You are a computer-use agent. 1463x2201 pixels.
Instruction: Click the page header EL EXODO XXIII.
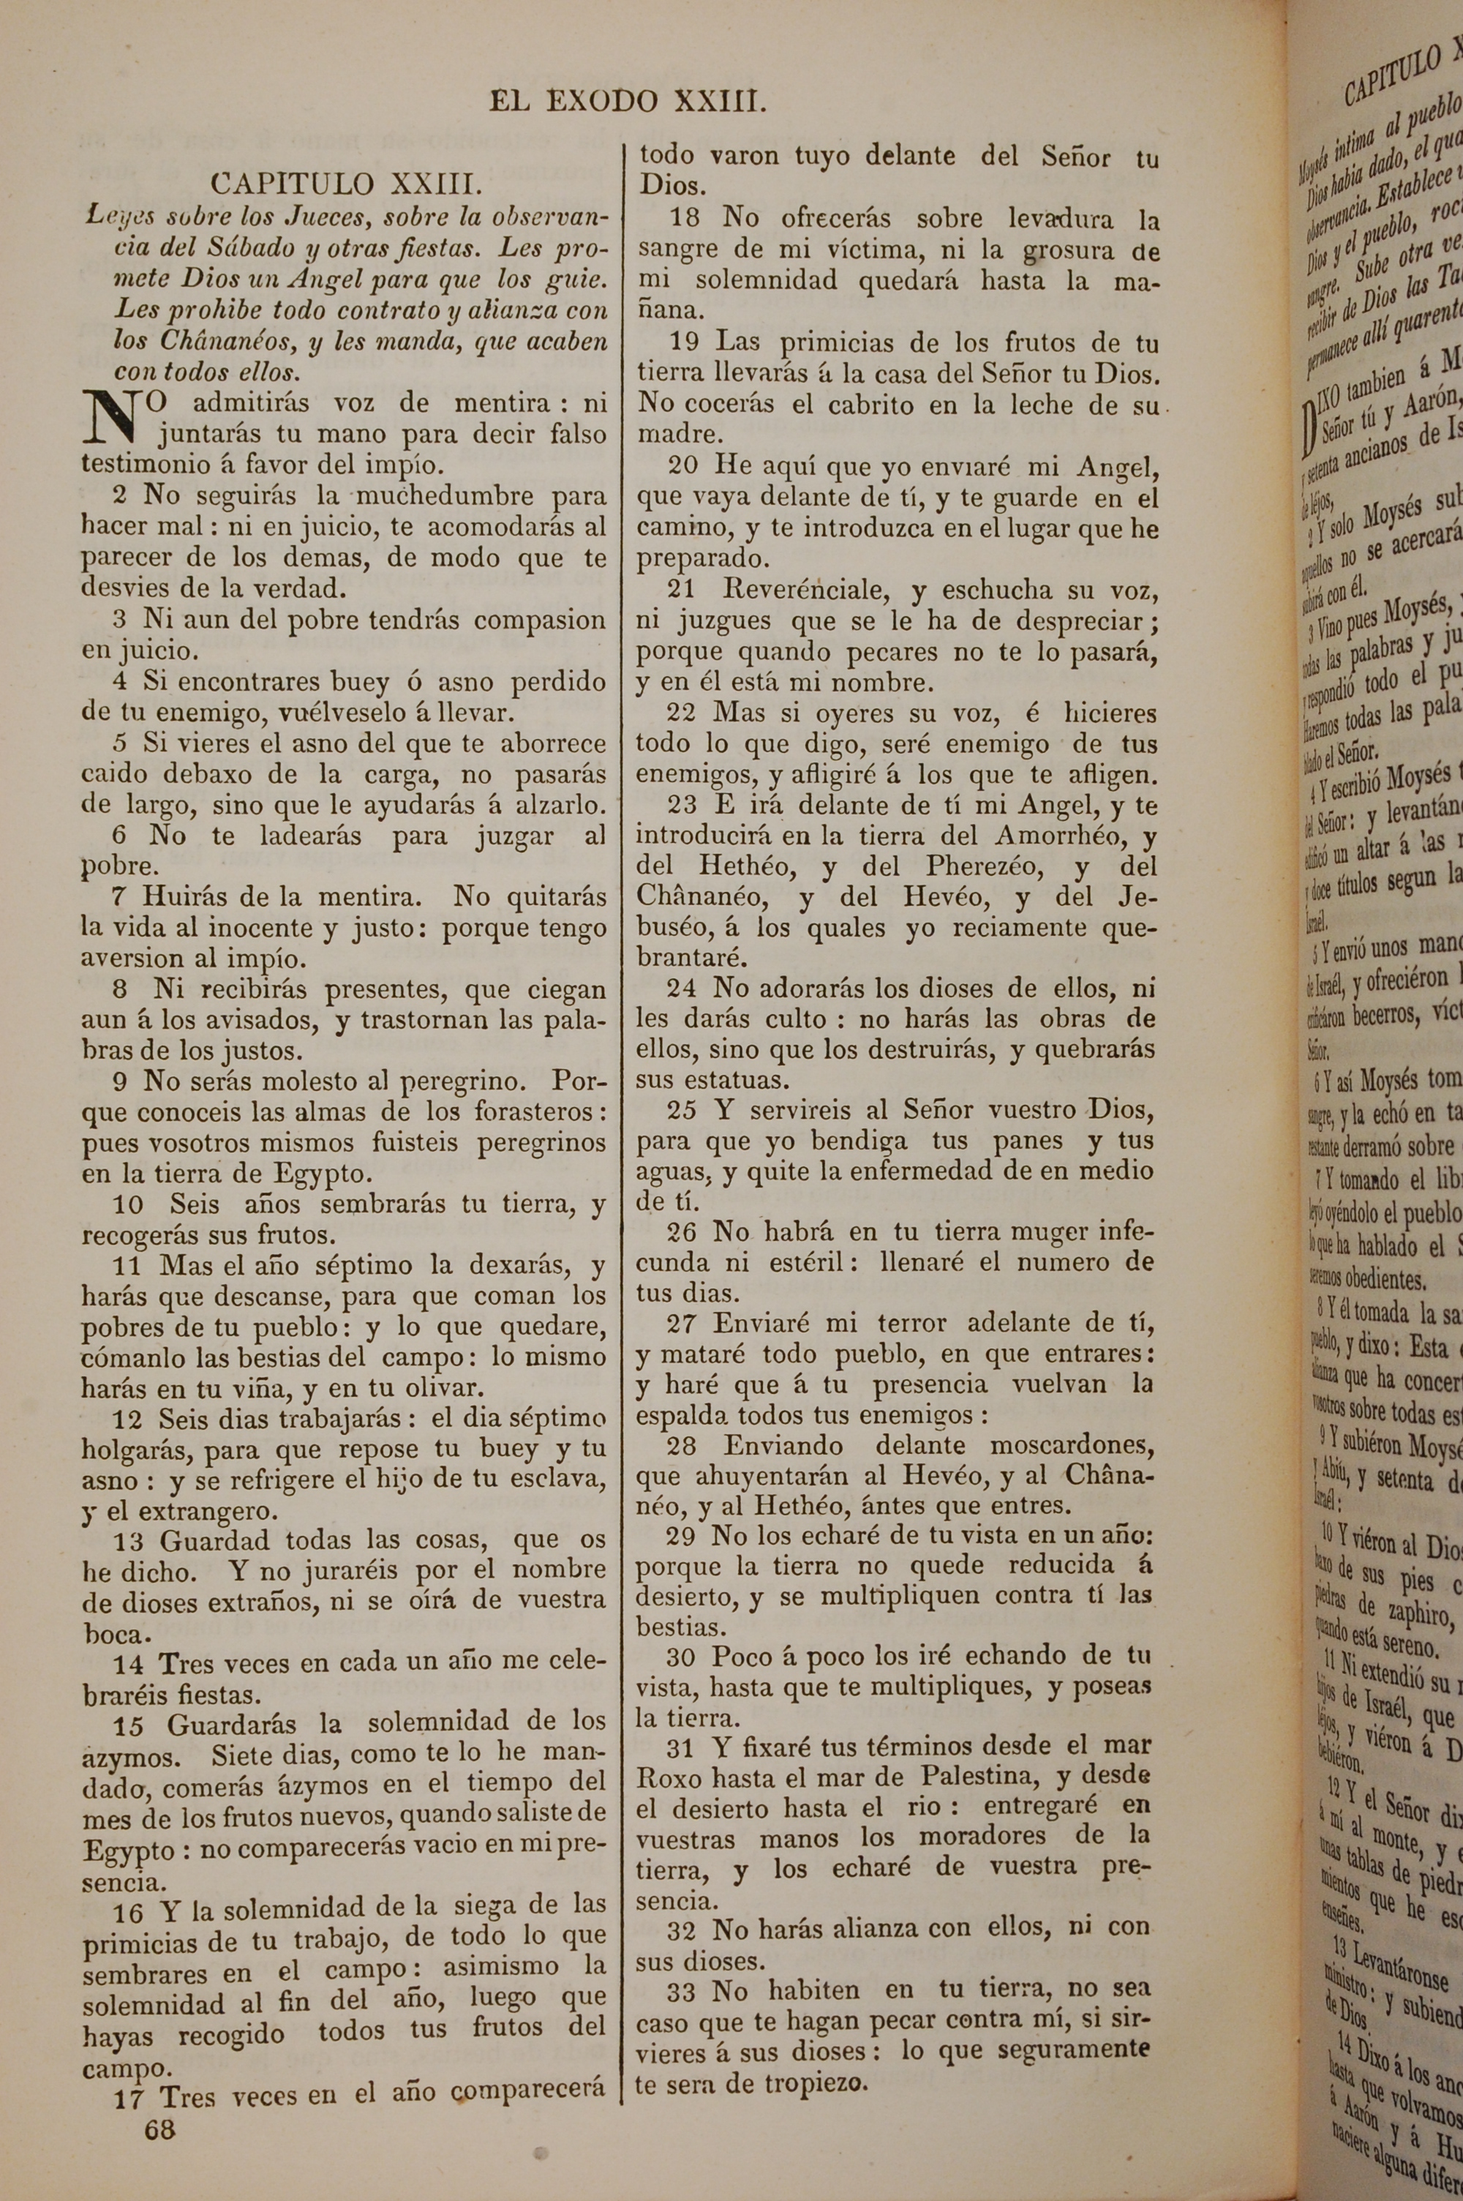(x=628, y=102)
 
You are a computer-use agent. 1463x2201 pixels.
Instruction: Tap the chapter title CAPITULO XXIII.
(x=346, y=183)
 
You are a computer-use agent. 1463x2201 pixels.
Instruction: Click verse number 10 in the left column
(x=129, y=1204)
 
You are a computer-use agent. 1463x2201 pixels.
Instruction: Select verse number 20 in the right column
(x=683, y=464)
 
